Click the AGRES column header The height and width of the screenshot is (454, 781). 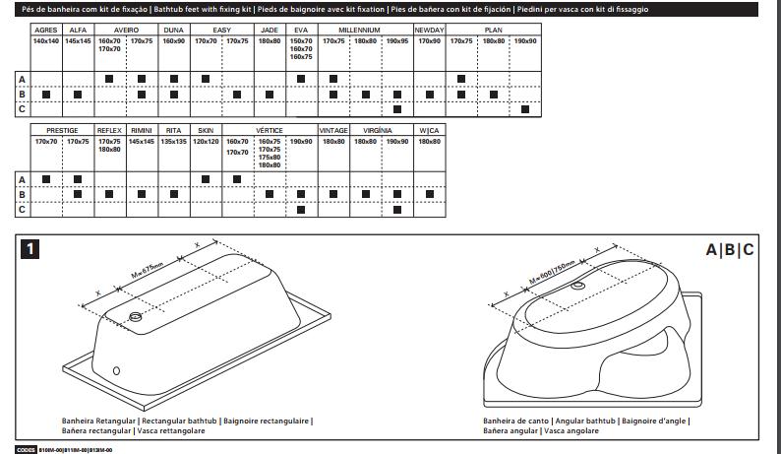click(45, 31)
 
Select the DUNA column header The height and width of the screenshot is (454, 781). click(173, 31)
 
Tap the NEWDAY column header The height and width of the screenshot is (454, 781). click(429, 31)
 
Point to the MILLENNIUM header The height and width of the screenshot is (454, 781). click(365, 31)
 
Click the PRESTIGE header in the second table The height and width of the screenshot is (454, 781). click(61, 130)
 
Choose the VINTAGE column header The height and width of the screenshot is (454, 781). click(333, 130)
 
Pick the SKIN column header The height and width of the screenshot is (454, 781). click(205, 130)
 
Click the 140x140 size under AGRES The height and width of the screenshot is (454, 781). click(45, 41)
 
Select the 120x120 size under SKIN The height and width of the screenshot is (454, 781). click(205, 141)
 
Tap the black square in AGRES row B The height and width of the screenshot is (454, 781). click(45, 94)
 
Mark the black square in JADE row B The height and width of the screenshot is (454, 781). click(269, 94)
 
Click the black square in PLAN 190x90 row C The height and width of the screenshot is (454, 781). click(525, 108)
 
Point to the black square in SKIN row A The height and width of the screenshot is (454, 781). click(205, 178)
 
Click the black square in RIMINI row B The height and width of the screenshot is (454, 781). click(141, 194)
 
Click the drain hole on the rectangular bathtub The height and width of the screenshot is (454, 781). click(135, 316)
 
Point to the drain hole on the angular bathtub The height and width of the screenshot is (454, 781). click(577, 287)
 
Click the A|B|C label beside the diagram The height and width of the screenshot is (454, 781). click(731, 250)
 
